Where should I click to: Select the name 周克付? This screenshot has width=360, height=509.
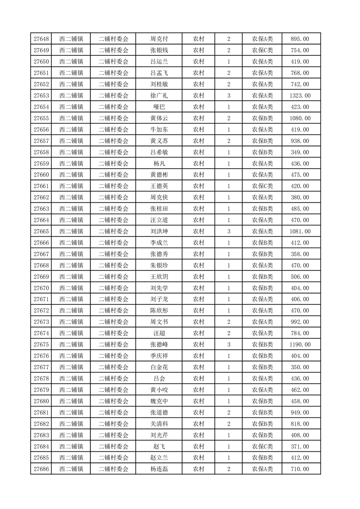[159, 39]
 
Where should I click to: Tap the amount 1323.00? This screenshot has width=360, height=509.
[300, 96]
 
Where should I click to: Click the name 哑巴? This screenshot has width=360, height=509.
[159, 107]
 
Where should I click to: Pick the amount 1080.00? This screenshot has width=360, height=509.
[300, 118]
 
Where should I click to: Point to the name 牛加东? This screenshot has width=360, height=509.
[159, 130]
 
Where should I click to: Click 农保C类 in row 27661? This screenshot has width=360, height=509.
[262, 186]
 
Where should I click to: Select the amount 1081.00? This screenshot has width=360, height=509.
[300, 231]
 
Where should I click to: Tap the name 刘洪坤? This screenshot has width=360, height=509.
[159, 231]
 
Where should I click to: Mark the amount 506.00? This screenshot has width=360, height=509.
[300, 277]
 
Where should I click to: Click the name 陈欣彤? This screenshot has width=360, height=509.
[159, 311]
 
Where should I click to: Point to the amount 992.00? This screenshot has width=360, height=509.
[300, 322]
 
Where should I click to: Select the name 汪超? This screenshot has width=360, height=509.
[159, 333]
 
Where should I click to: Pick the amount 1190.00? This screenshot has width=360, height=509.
[300, 345]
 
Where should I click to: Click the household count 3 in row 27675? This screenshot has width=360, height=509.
[228, 345]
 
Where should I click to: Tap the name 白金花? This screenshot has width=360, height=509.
[159, 367]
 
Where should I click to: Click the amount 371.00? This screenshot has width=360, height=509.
[300, 446]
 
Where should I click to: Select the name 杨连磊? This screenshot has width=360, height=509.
[159, 469]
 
